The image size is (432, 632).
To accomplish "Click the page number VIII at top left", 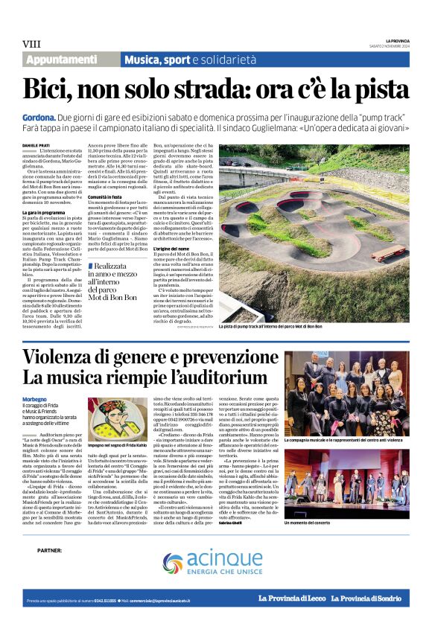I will coord(31,44).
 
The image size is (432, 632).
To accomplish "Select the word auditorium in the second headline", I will coord(226,378).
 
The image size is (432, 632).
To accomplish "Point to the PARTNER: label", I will coord(50,551).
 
